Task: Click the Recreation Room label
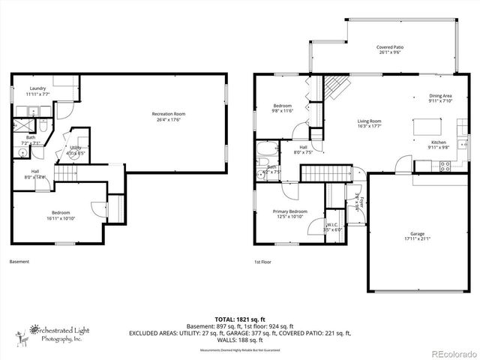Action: [170, 116]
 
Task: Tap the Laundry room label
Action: [28, 91]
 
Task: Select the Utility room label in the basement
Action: [76, 149]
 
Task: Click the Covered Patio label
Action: [391, 49]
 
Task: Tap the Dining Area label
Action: [440, 98]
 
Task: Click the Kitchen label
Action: [439, 145]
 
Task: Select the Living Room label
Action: [369, 124]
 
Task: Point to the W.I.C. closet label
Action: [333, 226]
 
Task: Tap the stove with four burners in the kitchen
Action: [444, 167]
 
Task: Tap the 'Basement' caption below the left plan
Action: [19, 262]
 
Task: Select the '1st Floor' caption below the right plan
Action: [262, 262]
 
